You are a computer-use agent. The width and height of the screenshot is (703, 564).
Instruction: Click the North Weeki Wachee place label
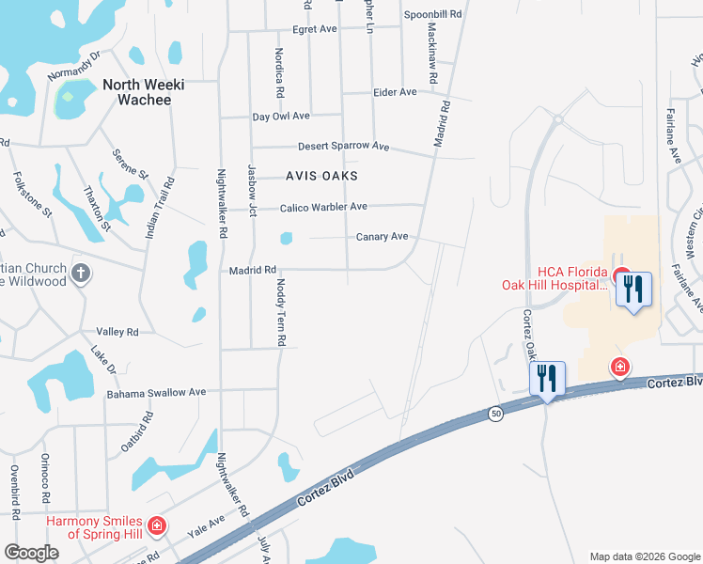tap(143, 91)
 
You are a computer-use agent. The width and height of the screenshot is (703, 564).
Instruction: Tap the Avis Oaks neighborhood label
tap(322, 176)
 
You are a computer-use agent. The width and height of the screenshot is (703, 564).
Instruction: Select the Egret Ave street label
tap(315, 29)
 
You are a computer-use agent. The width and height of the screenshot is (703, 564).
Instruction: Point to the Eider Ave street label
tap(395, 92)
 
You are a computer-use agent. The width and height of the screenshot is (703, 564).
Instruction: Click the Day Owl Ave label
tap(281, 117)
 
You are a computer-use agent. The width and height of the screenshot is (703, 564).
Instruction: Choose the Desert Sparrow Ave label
tap(343, 147)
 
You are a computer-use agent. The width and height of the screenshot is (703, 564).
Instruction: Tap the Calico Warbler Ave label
tap(323, 207)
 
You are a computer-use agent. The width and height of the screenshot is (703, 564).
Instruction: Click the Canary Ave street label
tap(382, 237)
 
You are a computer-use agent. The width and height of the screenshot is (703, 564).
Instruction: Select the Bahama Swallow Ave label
tap(156, 392)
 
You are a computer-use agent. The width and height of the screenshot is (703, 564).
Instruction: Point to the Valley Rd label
tap(117, 332)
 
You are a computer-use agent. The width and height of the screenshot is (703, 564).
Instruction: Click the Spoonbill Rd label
tap(433, 15)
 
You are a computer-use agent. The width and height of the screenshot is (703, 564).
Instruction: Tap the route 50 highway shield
tap(494, 414)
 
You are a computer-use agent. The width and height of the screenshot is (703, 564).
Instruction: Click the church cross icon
tap(82, 274)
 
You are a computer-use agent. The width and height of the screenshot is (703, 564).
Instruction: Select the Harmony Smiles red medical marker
tap(157, 525)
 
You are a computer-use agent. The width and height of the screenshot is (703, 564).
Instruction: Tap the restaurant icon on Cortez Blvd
tap(547, 379)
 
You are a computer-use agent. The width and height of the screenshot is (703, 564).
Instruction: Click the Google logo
tap(31, 553)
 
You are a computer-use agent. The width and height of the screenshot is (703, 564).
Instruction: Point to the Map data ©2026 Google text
tap(644, 556)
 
